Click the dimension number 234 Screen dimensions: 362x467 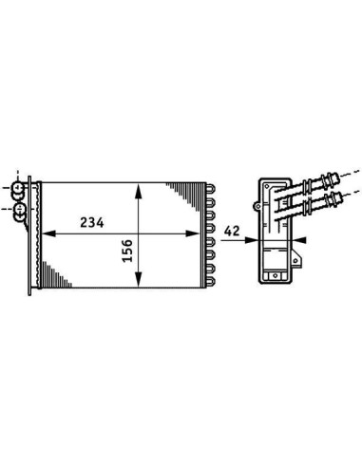tap(92, 223)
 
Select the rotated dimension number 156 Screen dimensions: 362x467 tap(127, 251)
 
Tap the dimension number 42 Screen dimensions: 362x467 tap(232, 231)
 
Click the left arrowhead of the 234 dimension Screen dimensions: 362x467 tap(48, 233)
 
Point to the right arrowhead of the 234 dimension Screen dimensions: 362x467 tap(193, 233)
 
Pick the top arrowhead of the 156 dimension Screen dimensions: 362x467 tap(138, 191)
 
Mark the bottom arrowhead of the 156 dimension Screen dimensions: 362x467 tap(138, 279)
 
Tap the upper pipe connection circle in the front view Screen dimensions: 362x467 tap(17, 188)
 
